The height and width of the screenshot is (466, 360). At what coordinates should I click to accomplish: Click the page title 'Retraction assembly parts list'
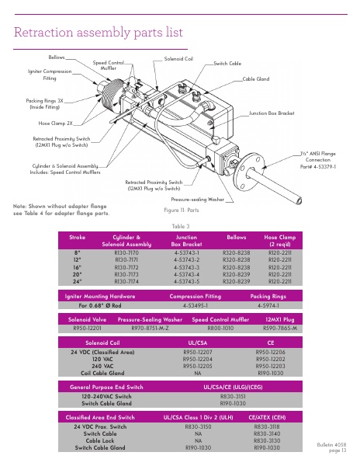tap(99, 32)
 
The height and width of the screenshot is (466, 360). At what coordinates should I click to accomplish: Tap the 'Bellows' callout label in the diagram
tap(57, 57)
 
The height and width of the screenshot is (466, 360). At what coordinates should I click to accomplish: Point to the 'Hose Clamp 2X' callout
tap(55, 123)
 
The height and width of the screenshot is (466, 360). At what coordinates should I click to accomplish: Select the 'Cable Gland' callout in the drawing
tap(256, 79)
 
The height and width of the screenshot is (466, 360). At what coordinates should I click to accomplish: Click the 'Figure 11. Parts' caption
tap(182, 210)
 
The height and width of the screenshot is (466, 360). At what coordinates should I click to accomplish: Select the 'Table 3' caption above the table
tap(180, 226)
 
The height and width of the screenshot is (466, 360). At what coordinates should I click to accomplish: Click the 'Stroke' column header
tap(78, 236)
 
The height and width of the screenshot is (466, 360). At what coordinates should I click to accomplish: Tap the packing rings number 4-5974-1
tap(268, 305)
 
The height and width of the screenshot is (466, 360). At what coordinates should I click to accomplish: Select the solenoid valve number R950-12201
tap(85, 329)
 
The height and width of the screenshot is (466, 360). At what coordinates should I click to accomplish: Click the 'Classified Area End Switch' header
tap(106, 417)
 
